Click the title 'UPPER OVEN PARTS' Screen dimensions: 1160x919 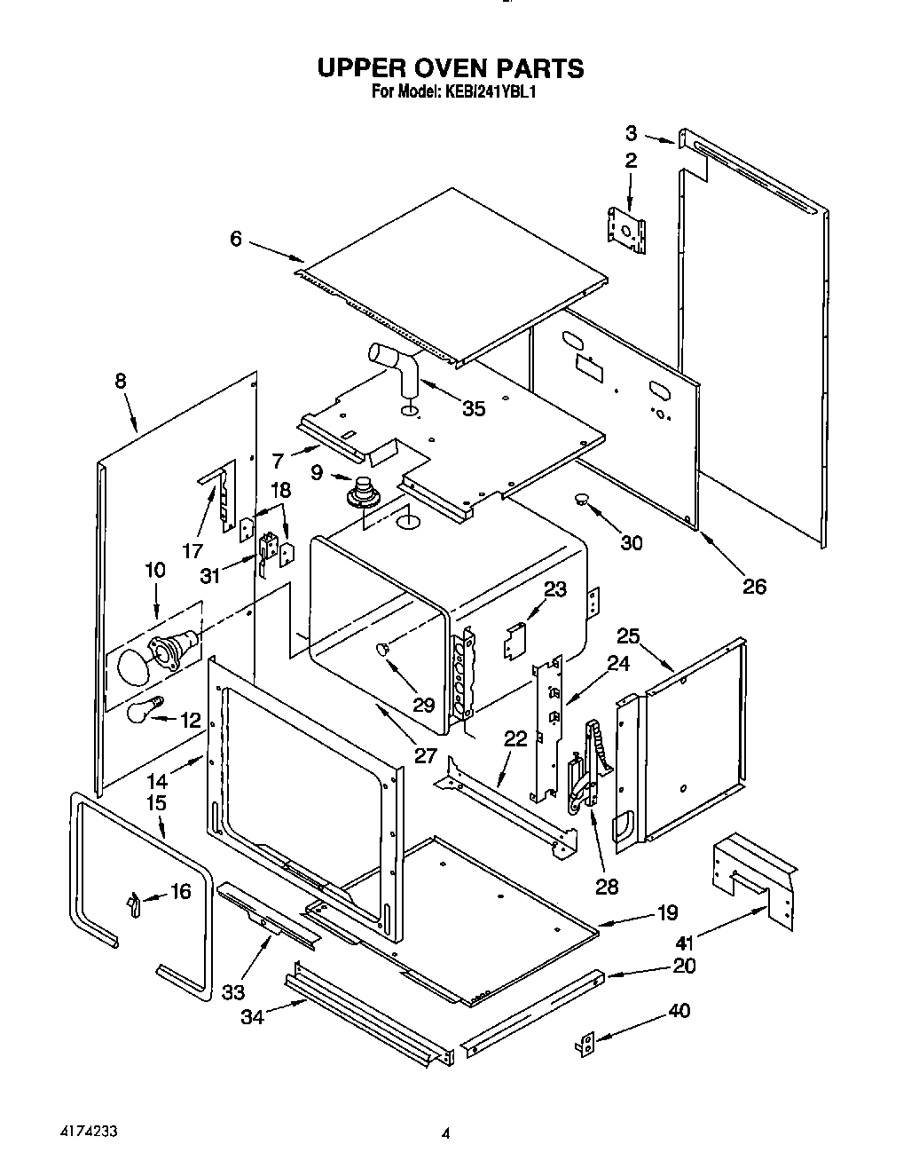click(451, 68)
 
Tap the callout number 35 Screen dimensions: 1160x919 click(475, 408)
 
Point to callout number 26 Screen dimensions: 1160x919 click(754, 587)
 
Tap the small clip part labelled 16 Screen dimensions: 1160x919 click(133, 904)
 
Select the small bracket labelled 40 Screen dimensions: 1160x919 click(585, 1046)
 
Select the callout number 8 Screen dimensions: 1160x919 click(121, 381)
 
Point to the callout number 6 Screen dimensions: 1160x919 click(236, 239)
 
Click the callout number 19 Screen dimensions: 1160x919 click(667, 911)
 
